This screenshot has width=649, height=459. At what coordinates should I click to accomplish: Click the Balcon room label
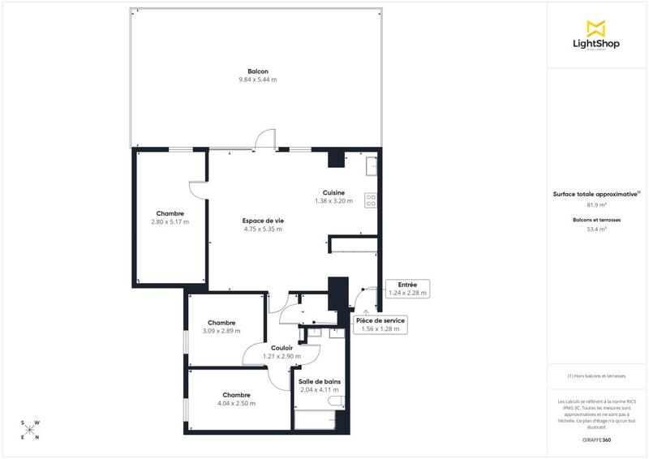point(257,71)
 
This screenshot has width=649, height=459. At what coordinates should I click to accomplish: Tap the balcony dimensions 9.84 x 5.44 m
point(257,80)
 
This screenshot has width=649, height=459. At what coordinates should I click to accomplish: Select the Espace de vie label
point(263,221)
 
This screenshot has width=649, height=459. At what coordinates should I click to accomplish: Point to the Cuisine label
point(333,192)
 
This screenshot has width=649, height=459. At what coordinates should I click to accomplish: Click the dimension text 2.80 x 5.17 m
point(170,222)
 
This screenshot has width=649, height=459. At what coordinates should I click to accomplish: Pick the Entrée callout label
point(407,285)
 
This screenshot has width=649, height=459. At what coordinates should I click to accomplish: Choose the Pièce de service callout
point(380,320)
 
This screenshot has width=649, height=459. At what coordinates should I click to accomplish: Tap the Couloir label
point(282,348)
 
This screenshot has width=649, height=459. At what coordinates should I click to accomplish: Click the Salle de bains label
point(319,381)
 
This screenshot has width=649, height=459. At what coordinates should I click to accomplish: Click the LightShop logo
point(596,36)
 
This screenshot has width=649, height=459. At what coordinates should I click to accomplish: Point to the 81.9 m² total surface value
point(596,204)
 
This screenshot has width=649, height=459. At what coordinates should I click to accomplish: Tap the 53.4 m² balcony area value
point(596,229)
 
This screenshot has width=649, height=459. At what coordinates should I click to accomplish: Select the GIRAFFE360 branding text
point(596,438)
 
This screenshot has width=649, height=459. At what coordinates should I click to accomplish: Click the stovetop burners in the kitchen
point(371,199)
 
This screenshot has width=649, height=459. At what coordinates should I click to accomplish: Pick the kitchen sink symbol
point(371,165)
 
